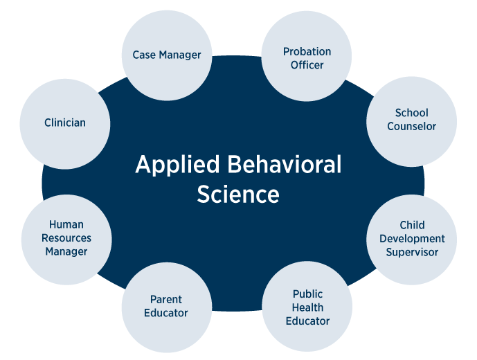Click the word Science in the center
coord(238,194)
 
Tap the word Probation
coord(307,52)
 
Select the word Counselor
coord(411,127)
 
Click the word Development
coord(411,239)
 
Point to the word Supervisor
coord(411,252)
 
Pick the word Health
coord(307,307)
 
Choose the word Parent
coord(166,300)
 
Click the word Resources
coord(66,238)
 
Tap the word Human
coord(66,225)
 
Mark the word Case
coord(145,55)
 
